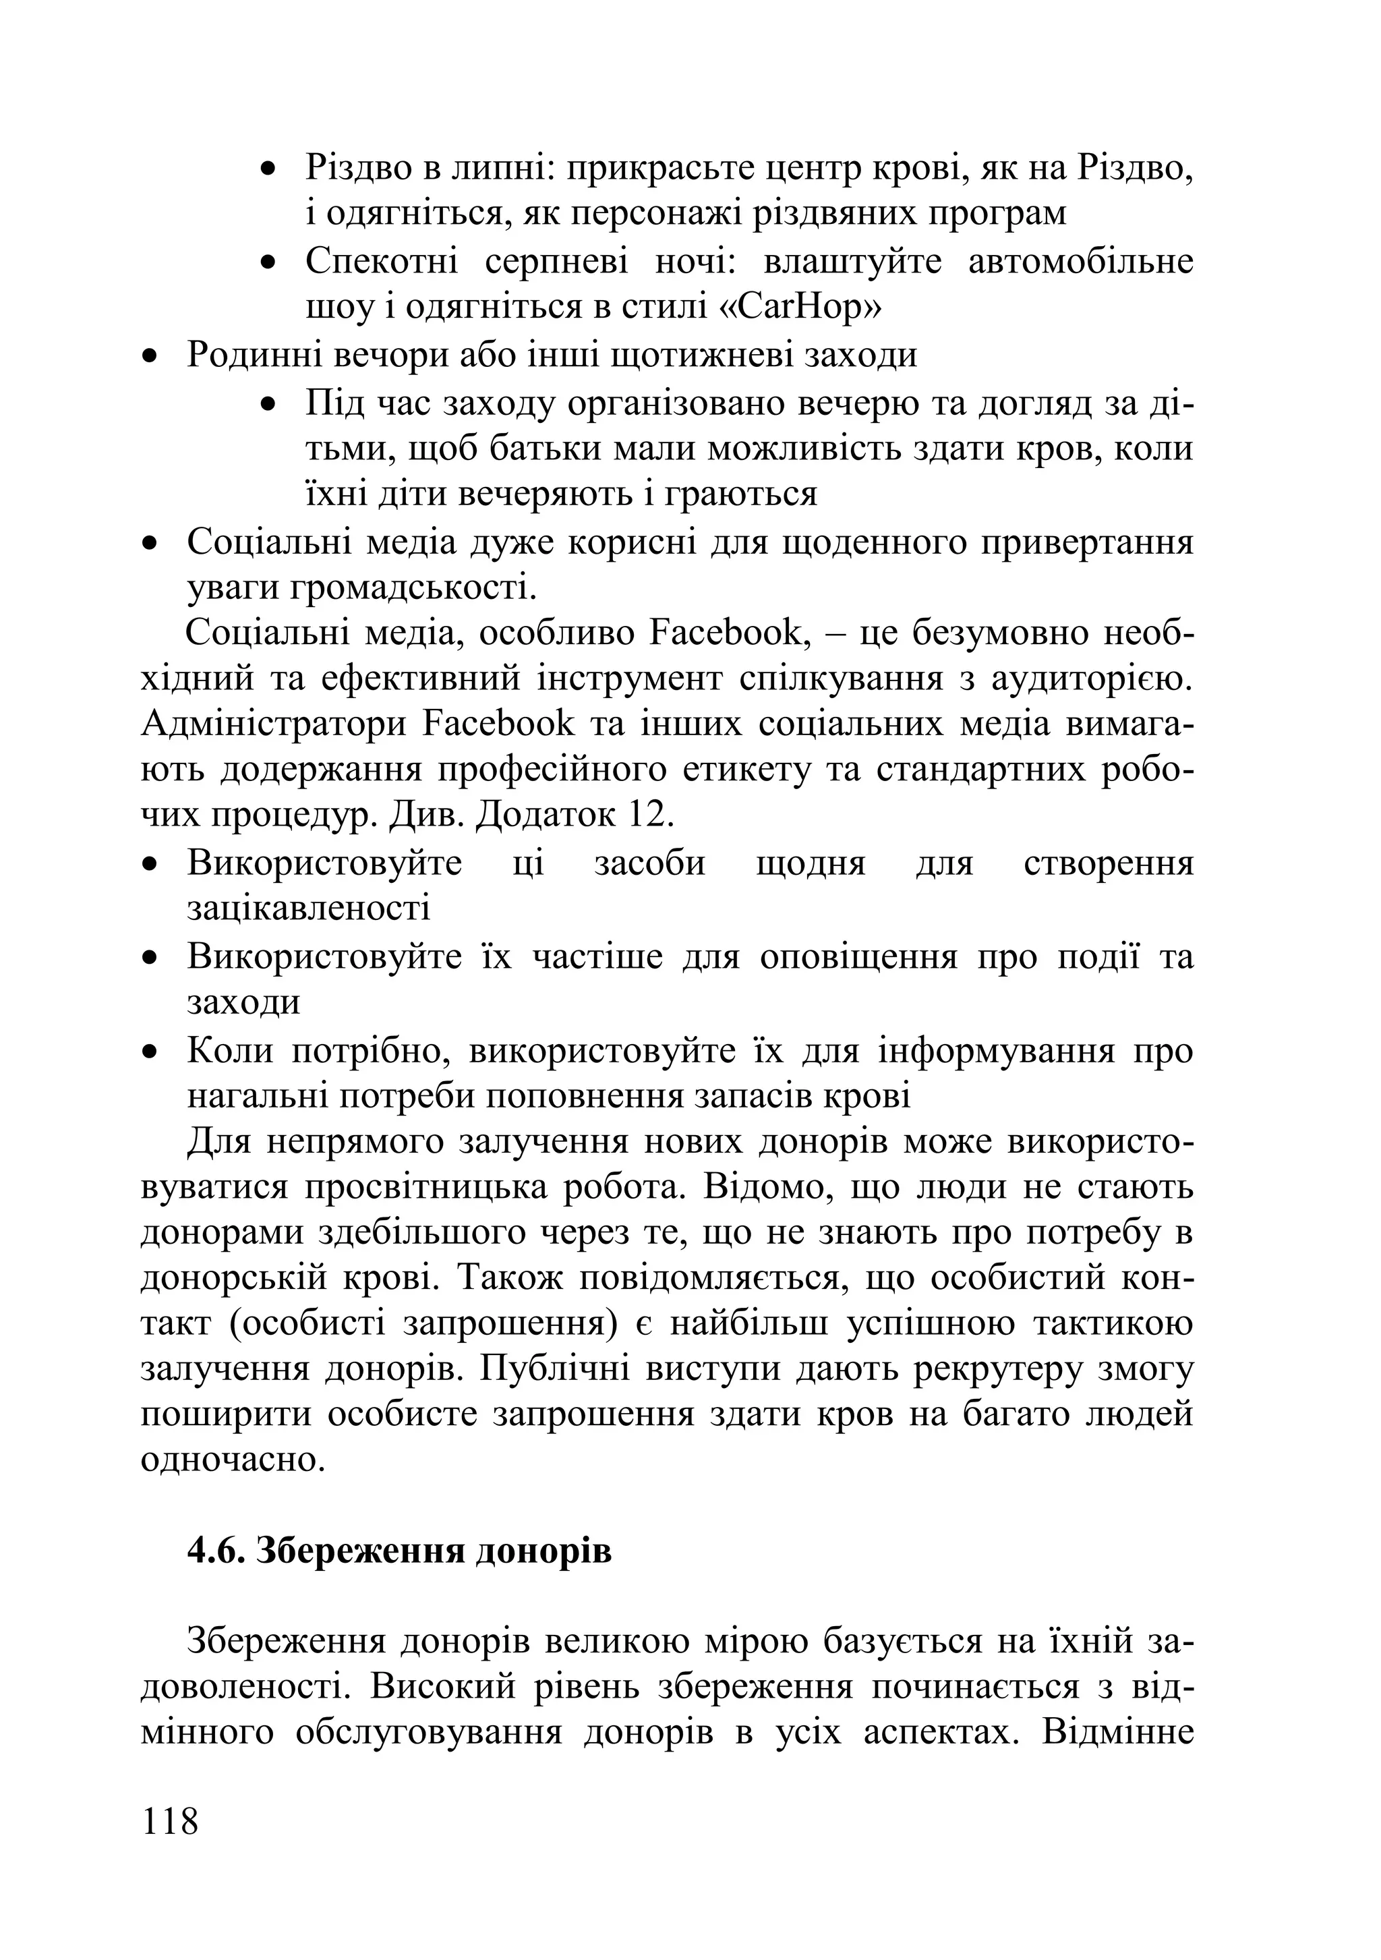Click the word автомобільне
click(x=1080, y=261)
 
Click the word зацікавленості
click(x=309, y=907)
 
